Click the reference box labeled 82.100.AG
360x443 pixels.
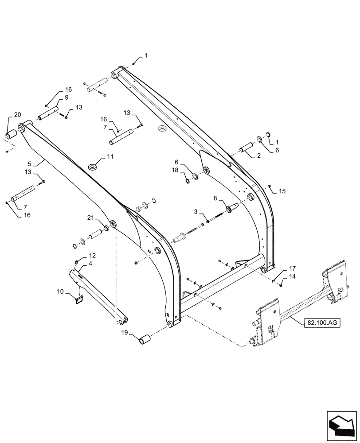coord(323,323)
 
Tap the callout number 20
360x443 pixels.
coord(17,115)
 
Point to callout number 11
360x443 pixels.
coord(110,157)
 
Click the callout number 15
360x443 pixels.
coord(283,191)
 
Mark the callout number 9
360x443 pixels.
coord(67,97)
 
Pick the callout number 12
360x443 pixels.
coord(92,256)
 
